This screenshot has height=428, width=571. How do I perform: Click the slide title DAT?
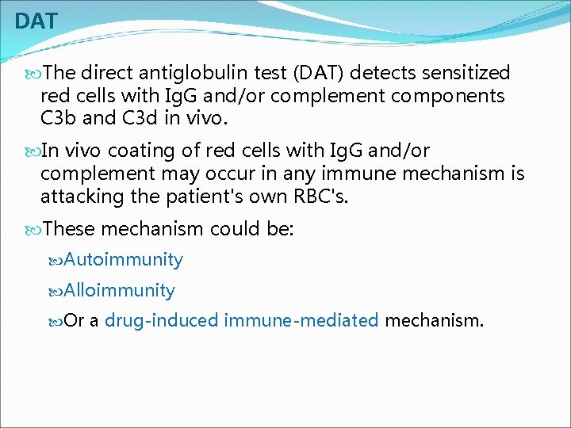[36, 21]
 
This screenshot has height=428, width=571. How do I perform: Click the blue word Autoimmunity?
[124, 260]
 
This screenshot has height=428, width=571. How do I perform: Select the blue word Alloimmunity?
[120, 290]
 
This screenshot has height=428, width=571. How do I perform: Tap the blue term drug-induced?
[162, 321]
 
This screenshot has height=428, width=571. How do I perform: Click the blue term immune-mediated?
[301, 321]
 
